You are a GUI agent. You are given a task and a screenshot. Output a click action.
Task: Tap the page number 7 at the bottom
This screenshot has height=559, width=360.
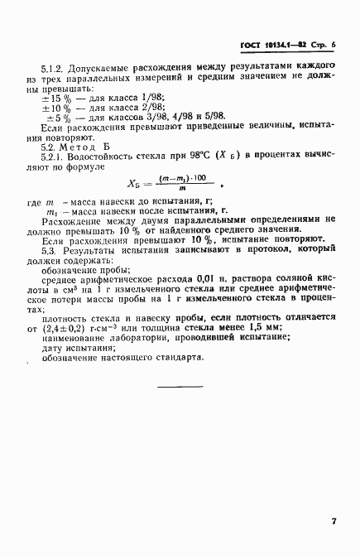click(x=332, y=522)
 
